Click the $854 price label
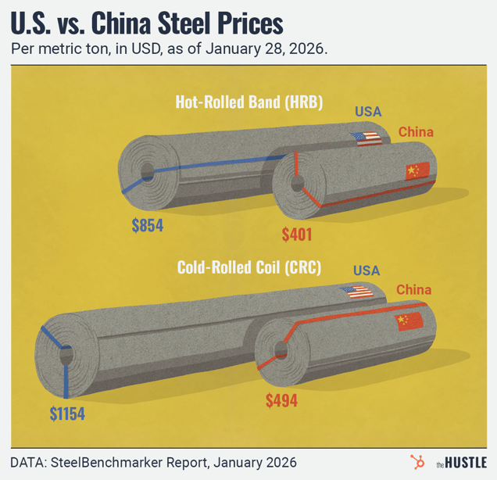pos(148,227)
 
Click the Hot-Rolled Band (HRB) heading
pos(249,102)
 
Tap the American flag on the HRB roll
pos(366,138)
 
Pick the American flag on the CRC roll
pos(356,293)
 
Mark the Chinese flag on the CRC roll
pos(409,321)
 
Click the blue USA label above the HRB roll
pos(368,112)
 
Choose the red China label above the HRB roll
pos(416,131)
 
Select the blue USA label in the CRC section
pos(366,270)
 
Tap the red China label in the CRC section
pos(413,290)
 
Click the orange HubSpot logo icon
pos(417,461)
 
